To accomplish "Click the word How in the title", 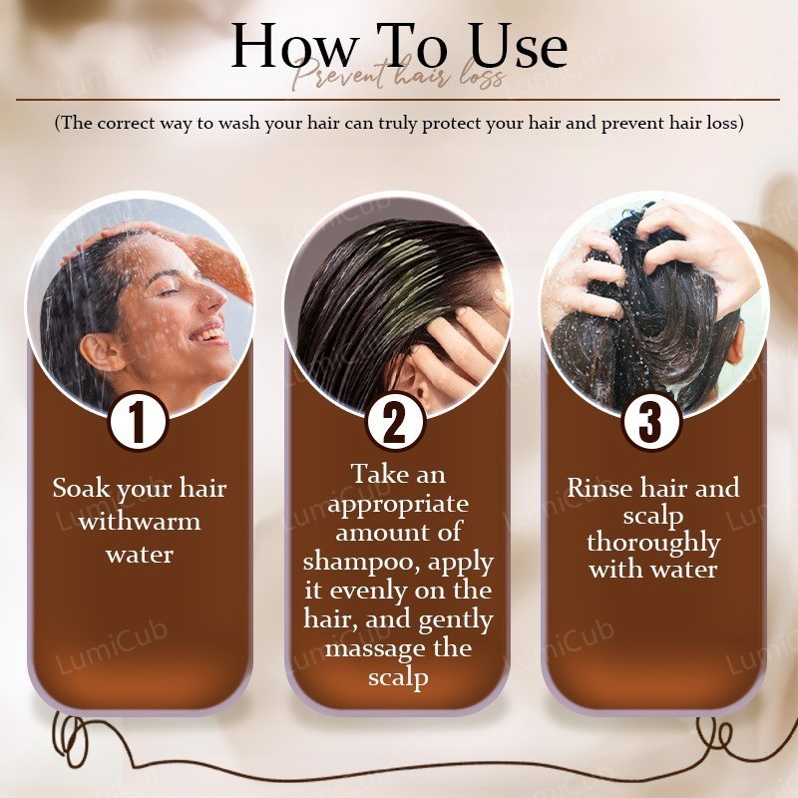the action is coord(293,46).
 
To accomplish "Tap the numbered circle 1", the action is coord(138,420).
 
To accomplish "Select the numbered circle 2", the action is coord(394,422).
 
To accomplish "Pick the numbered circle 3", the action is coord(651,422).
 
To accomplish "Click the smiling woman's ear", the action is coord(102,352).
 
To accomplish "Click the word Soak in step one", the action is coord(83,488).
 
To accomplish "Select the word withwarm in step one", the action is coord(140,522).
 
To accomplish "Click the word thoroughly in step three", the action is coord(653,544).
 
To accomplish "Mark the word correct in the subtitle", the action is coord(128,124).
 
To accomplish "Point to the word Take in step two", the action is coord(372,475).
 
